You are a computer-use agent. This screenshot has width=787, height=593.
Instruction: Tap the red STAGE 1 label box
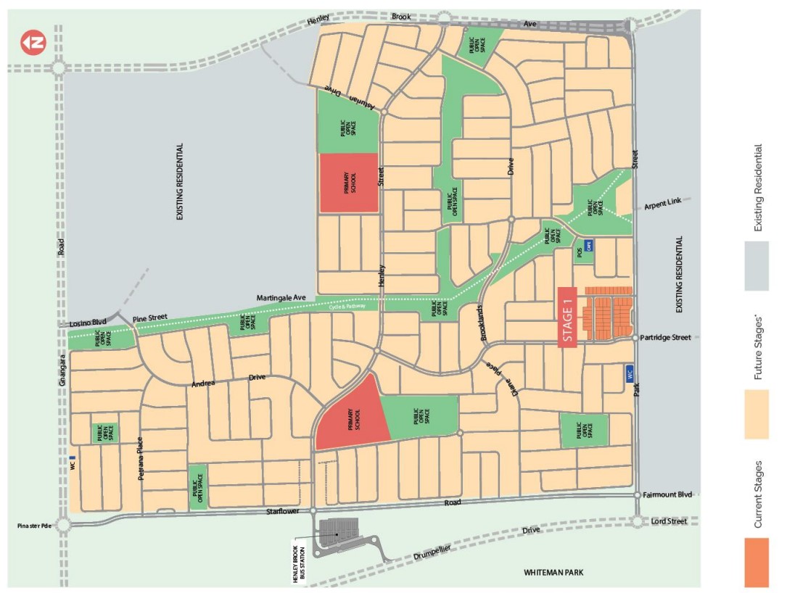pos(567,318)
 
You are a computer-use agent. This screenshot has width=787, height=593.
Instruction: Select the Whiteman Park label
pos(553,573)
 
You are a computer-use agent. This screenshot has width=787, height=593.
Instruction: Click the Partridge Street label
pos(666,338)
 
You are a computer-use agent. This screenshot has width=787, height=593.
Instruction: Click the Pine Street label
pos(149,318)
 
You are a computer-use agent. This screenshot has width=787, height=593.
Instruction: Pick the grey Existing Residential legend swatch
pos(757,265)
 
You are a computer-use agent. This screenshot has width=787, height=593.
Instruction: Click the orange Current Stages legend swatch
pos(757,562)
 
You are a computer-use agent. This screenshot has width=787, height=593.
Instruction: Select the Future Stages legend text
pos(759,347)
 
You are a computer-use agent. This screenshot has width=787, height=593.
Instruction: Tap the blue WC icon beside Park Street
pos(629,374)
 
